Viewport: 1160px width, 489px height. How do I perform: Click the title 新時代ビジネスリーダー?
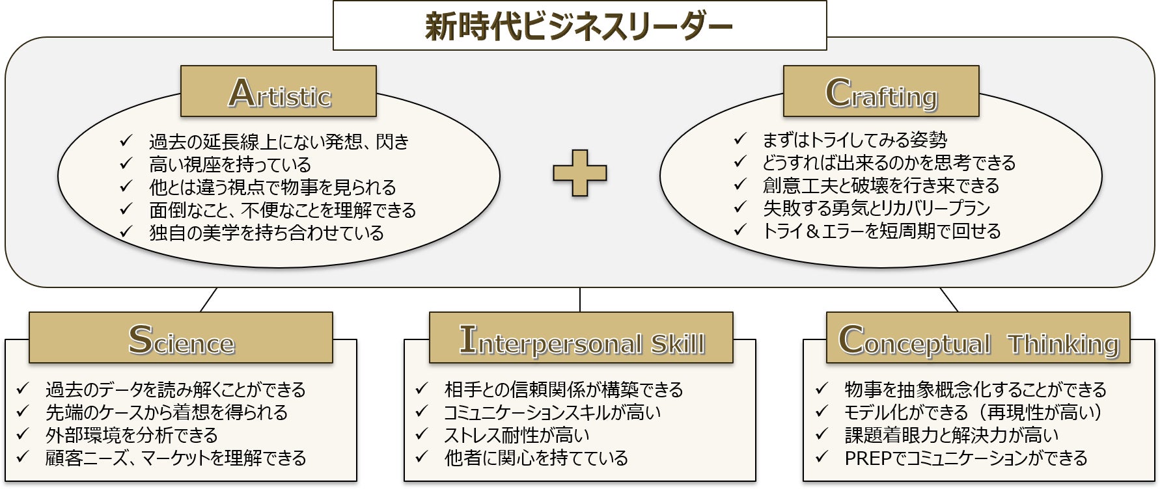point(579,26)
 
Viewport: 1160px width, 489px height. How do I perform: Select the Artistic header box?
point(279,92)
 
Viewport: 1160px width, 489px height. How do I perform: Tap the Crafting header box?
point(881,92)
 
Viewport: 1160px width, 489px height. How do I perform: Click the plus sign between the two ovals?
point(579,173)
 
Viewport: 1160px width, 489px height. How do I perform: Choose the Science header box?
point(180,338)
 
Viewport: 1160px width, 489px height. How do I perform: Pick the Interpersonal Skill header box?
point(581,338)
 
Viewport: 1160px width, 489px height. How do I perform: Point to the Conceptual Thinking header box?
point(978,338)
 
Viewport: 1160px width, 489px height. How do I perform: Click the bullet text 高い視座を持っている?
point(230,165)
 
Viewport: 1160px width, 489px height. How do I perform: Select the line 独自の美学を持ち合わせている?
point(266,233)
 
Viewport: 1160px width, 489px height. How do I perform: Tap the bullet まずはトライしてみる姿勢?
point(855,140)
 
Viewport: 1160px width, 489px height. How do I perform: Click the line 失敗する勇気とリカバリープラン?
point(876,208)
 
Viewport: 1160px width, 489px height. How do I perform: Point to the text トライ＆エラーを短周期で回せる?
point(881,231)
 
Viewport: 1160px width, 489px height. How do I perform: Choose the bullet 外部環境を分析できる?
point(131,435)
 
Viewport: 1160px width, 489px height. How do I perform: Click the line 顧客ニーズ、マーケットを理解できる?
point(176,458)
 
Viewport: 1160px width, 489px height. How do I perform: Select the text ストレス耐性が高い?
point(517,435)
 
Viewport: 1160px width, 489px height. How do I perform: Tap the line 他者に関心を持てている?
point(536,458)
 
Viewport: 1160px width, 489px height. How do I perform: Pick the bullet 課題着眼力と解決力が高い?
point(951,435)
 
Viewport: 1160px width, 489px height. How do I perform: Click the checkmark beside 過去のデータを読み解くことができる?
point(23,389)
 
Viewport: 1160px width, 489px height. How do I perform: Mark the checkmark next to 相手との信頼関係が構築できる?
point(422,389)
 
